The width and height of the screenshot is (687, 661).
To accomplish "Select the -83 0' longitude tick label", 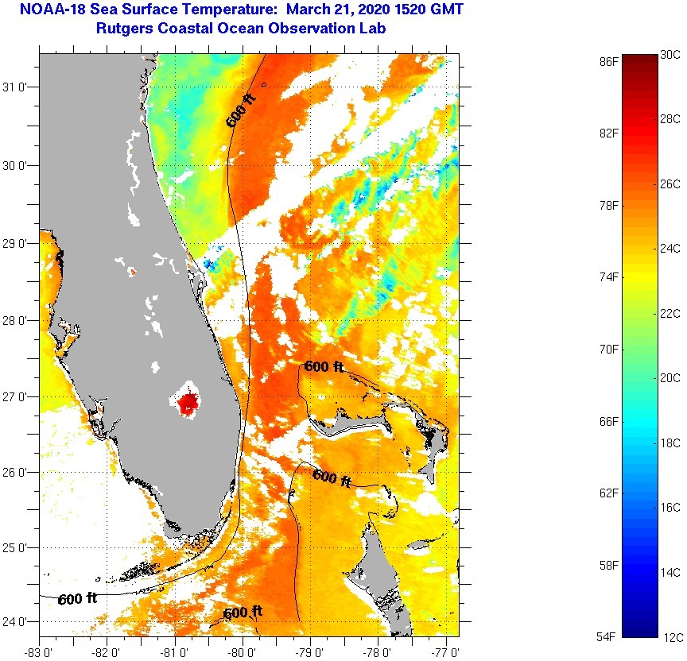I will [39, 653].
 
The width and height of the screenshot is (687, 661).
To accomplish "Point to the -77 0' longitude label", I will [447, 653].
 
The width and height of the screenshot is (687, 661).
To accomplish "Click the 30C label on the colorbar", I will [670, 55].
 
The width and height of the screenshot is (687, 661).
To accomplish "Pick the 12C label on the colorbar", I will [670, 637].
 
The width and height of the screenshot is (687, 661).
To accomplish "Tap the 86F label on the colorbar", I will [609, 61].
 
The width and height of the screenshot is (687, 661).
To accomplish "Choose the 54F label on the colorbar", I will [609, 637].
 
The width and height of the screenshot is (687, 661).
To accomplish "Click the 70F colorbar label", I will [609, 350].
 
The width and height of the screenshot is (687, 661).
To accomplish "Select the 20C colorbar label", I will [670, 378].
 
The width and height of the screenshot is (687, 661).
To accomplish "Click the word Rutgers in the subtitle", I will [122, 29].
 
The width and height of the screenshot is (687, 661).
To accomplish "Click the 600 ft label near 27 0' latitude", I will [324, 367].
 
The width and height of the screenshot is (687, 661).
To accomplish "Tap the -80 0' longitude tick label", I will [243, 653].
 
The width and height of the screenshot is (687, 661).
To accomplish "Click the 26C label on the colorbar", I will [670, 184].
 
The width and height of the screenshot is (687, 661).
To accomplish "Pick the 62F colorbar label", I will [609, 493].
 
